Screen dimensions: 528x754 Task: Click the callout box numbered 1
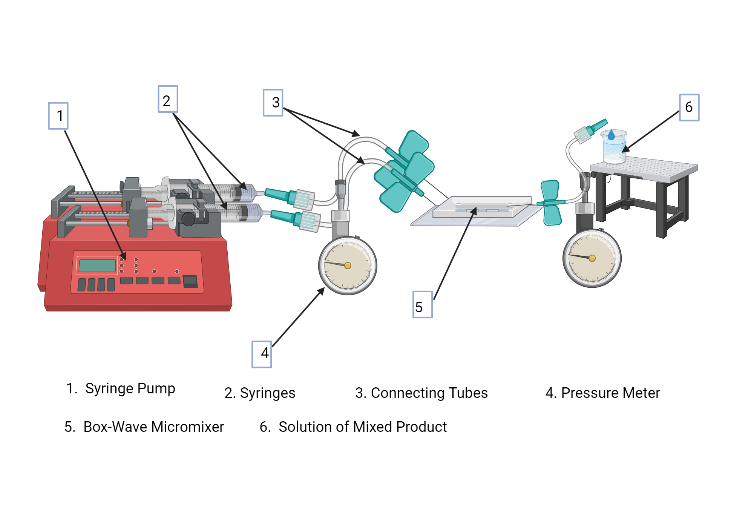click(x=58, y=116)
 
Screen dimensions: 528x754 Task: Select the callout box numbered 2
click(x=168, y=99)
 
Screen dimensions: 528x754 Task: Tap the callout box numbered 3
click(x=273, y=103)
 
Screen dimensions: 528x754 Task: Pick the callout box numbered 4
click(x=262, y=354)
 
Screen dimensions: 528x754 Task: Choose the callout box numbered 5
click(x=422, y=305)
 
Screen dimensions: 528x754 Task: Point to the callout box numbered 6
click(x=689, y=107)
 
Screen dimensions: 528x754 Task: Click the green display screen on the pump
click(x=97, y=266)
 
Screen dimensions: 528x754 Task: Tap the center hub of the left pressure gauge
click(x=348, y=266)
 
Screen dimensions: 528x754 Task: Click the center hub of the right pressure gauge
click(x=592, y=258)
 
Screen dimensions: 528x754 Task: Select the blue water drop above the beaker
click(x=611, y=135)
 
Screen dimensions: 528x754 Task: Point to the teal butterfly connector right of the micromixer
click(x=551, y=203)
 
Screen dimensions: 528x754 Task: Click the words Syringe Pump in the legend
click(x=130, y=388)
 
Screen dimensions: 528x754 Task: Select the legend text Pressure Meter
click(x=610, y=393)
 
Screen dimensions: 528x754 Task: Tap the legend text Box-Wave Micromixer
click(x=153, y=427)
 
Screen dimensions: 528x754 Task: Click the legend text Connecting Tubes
click(x=429, y=393)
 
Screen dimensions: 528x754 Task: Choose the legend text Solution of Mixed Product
click(x=362, y=427)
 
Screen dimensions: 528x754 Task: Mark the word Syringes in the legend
click(x=267, y=393)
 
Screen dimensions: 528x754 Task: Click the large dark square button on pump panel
click(x=190, y=281)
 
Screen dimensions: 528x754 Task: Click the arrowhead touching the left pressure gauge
click(x=322, y=290)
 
